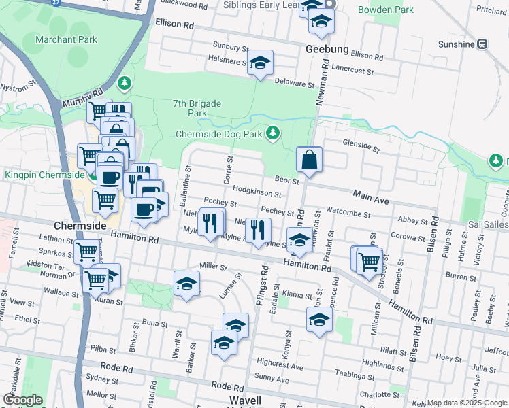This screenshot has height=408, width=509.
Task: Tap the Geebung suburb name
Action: click(327, 50)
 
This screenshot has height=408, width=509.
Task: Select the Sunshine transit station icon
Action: click(482, 44)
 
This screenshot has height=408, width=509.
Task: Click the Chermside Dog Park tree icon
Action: click(273, 132)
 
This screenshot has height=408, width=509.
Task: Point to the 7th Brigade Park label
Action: click(197, 108)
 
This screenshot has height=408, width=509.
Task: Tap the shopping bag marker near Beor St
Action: click(309, 160)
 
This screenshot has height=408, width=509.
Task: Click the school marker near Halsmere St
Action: click(259, 63)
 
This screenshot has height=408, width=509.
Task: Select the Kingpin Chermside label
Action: click(45, 175)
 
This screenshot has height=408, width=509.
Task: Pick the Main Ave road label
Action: click(370, 197)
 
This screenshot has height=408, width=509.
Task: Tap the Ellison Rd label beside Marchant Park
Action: click(175, 24)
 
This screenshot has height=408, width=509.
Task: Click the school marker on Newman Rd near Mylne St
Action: click(299, 240)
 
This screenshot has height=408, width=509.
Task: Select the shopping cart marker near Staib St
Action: click(368, 260)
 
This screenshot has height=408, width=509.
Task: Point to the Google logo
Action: click(22, 400)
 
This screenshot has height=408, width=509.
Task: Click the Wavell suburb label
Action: click(246, 400)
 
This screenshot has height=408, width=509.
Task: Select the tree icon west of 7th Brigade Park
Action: click(124, 84)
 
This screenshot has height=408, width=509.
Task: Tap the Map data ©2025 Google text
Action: click(467, 403)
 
